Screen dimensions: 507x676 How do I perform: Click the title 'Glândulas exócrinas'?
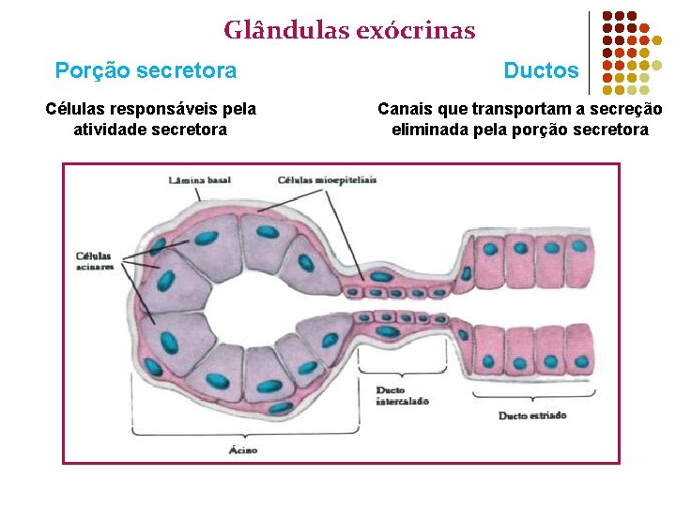pos(349,31)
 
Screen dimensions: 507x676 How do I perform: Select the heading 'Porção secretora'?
pos(146,70)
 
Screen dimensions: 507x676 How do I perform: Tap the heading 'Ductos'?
pos(541,70)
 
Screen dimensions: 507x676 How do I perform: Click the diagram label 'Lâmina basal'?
pos(199,179)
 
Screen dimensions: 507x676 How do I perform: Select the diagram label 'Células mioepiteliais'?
pos(327,179)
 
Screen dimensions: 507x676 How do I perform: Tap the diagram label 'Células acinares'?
pos(94,261)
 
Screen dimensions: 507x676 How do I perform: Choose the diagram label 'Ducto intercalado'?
pos(402,395)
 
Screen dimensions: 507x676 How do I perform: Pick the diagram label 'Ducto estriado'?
pos(532,415)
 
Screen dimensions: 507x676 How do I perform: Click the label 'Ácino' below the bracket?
pos(242,450)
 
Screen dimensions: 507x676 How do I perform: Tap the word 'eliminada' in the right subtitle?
pos(428,130)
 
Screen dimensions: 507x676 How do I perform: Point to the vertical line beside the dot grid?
pos(589,53)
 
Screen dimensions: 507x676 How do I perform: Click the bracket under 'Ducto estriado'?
pos(532,401)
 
